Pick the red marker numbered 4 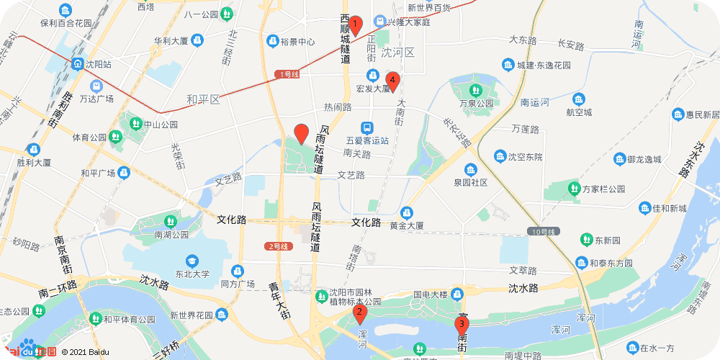coord(392,81)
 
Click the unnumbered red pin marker coord(302,133)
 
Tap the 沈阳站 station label coord(98,64)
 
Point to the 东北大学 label coord(192,274)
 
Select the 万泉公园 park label coord(476,103)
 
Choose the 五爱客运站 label coord(367,140)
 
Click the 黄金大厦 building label coord(407,225)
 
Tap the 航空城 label coord(579,112)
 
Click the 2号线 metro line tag coord(276,246)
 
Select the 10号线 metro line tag coord(542,231)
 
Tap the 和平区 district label coord(202,99)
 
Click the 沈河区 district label coord(398,53)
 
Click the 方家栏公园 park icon coord(574,189)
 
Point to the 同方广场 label coord(238,284)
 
